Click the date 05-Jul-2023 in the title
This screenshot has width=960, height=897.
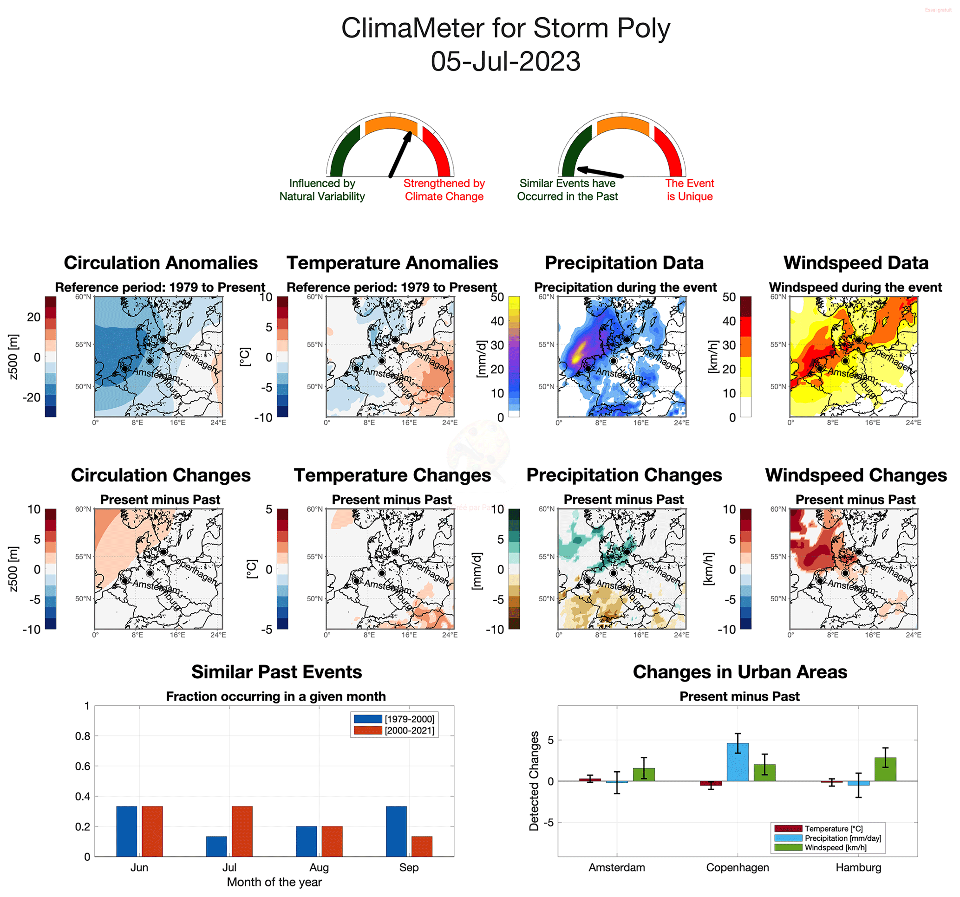[505, 62]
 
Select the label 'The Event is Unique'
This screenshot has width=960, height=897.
[689, 190]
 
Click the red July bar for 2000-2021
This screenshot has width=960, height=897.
[242, 831]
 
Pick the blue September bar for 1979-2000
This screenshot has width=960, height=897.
[396, 831]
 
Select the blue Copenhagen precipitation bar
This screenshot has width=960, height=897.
[738, 762]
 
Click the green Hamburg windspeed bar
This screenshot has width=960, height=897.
[885, 769]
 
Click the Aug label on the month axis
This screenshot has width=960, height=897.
[319, 868]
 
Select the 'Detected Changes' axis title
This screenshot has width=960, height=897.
[534, 780]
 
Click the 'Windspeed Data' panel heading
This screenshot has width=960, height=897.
[856, 263]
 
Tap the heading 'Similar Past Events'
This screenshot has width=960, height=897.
[276, 672]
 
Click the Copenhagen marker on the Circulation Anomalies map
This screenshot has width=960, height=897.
[163, 340]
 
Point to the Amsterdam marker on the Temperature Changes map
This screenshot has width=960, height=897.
[356, 581]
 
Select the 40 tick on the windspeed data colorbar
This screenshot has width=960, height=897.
[729, 321]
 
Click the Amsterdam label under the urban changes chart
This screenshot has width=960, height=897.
[617, 868]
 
